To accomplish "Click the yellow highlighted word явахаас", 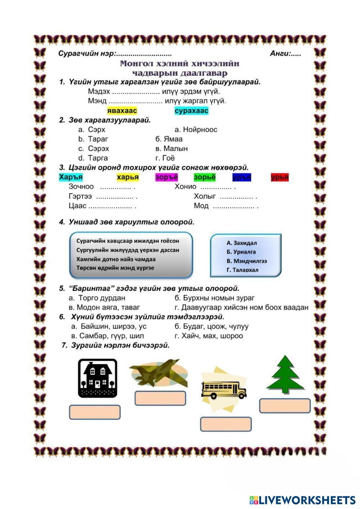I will coord(122,111).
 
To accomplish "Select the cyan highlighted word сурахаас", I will coord(191,111).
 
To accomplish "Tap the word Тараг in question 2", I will coord(98,139).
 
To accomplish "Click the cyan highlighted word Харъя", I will coord(71,177).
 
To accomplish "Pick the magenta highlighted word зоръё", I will coord(167,177).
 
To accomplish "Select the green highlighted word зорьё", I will coord(204,177).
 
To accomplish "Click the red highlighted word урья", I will coord(280,177).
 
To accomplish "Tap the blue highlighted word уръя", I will coord(242,177).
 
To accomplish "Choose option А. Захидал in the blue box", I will coord(242,243).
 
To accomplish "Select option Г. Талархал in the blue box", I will coord(242,270).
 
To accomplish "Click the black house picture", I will coord(98,378).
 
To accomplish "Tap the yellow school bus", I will coord(223,390).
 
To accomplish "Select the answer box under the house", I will coord(94,412).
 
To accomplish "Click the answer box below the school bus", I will coord(226,424).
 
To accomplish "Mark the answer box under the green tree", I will coord(285,405).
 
